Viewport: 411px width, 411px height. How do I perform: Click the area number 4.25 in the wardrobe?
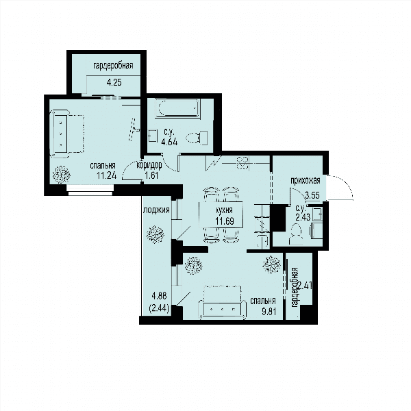pos(114,83)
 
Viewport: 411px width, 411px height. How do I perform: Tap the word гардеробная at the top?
pos(113,66)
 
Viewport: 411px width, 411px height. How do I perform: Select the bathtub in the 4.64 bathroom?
pos(177,108)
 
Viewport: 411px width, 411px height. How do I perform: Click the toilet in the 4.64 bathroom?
pos(197,138)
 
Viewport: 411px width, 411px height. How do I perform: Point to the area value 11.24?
pos(106,175)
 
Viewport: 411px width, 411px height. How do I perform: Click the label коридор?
pos(149,165)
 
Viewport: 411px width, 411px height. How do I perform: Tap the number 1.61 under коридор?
pos(152,175)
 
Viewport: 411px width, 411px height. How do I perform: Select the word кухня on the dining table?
pos(224,210)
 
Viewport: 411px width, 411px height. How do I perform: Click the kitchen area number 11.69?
pos(225,221)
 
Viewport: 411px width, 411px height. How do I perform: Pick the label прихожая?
pos(306,181)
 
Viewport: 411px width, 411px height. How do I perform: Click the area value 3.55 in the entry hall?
pos(312,195)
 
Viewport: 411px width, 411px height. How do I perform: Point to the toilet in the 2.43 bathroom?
pos(296,234)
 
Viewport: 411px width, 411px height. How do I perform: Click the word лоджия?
pos(156,210)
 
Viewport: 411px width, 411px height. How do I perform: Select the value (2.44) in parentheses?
pos(159,308)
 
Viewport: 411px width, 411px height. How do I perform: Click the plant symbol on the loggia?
pos(155,234)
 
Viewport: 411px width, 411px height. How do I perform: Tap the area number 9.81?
pos(269,312)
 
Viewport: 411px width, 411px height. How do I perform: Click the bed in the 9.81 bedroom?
pos(222,303)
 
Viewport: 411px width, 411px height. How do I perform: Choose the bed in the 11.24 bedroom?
pos(67,134)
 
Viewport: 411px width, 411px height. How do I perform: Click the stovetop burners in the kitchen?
pos(242,163)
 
